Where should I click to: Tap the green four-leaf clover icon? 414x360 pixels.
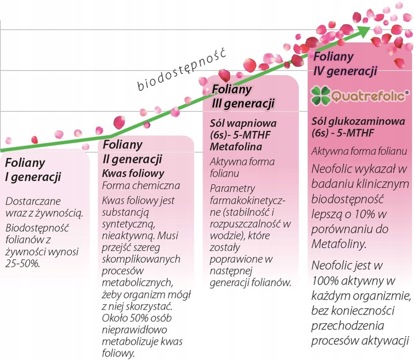coord(321,95)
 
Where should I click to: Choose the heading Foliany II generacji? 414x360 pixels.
coord(132,152)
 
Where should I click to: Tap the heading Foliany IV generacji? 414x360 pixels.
coord(344,65)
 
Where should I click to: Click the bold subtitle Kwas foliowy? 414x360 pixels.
coord(133,173)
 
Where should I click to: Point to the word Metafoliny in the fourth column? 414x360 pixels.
coord(339,244)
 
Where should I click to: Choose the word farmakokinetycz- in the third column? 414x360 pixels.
coord(248,201)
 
